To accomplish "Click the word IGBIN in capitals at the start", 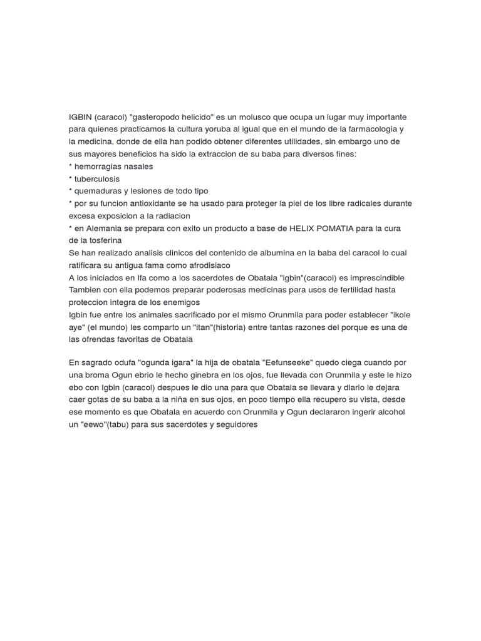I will pyautogui.click(x=80, y=117).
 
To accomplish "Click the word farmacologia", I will pyautogui.click(x=371, y=130).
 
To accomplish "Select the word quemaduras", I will pyautogui.click(x=98, y=191).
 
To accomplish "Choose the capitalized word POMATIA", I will pyautogui.click(x=346, y=228).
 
